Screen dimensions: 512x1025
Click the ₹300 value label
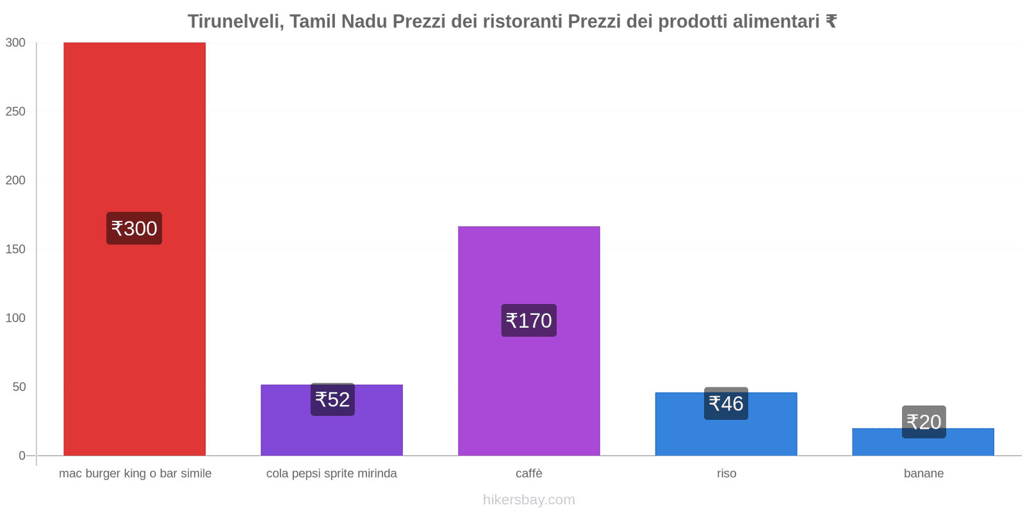point(134,228)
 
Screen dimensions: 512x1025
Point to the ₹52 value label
point(332,399)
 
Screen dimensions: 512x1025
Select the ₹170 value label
point(529,321)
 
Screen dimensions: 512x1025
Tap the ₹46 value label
point(726,404)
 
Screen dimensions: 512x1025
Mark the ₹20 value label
point(924,422)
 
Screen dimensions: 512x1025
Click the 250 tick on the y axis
point(15,111)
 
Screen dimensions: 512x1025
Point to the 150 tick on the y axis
point(15,249)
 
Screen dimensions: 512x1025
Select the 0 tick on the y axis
point(22,456)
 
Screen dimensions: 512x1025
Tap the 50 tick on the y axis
point(19,387)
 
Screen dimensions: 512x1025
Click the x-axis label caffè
point(529,474)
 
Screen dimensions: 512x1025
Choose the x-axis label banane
point(923,474)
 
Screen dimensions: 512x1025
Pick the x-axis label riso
point(726,474)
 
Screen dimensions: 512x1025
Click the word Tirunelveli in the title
point(235,22)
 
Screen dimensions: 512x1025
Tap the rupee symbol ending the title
point(831,22)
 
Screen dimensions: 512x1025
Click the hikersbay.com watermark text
point(529,500)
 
